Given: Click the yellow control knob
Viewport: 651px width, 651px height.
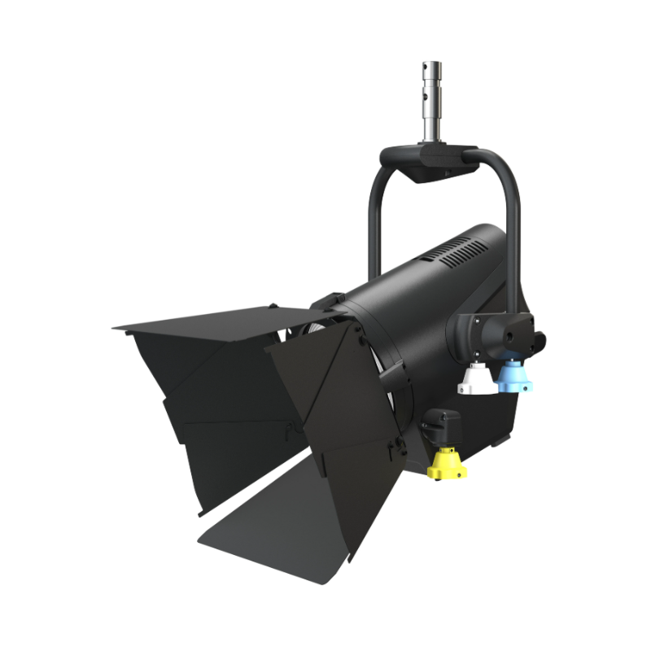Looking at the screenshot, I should coord(448,464).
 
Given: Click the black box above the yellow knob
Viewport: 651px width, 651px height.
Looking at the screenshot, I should coord(443,425).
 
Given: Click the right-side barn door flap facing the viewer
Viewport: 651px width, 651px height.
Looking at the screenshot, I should coord(325,382).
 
